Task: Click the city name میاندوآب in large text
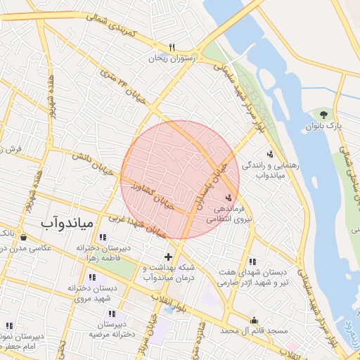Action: click(67, 224)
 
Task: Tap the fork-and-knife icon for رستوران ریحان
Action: click(171, 47)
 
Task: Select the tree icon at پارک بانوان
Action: click(323, 114)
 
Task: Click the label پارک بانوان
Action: click(323, 126)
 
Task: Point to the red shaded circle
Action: click(180, 179)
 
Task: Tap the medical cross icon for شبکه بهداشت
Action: click(167, 257)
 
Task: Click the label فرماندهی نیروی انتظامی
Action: click(224, 214)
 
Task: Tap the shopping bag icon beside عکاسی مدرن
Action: click(25, 236)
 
